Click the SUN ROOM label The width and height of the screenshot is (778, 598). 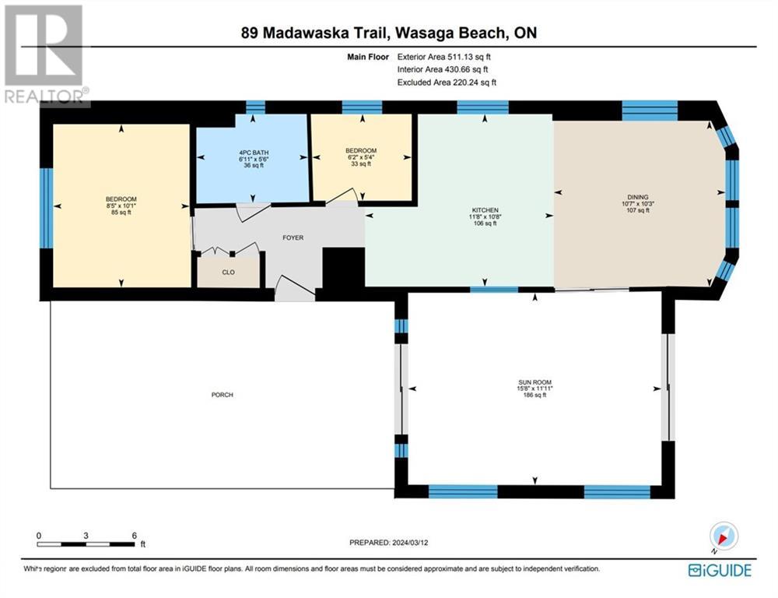(535, 382)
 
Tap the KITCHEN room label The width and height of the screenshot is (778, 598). (485, 210)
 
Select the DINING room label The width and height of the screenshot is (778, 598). (638, 197)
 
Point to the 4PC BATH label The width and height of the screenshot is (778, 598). (254, 153)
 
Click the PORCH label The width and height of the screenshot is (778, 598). (223, 395)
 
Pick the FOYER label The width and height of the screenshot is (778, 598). (293, 238)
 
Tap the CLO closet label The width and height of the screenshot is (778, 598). (228, 273)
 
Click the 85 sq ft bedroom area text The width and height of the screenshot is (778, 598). (121, 213)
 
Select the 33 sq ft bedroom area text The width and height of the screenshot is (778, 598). (361, 164)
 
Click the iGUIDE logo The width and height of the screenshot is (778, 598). (720, 570)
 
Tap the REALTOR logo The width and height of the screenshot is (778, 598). (46, 55)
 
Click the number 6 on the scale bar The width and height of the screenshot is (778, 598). (134, 536)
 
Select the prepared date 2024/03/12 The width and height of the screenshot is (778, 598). (410, 543)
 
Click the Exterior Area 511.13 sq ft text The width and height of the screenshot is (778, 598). (444, 57)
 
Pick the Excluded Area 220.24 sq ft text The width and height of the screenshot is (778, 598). (447, 83)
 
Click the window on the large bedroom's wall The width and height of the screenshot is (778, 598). (46, 208)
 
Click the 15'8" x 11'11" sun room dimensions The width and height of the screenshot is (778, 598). (535, 389)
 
